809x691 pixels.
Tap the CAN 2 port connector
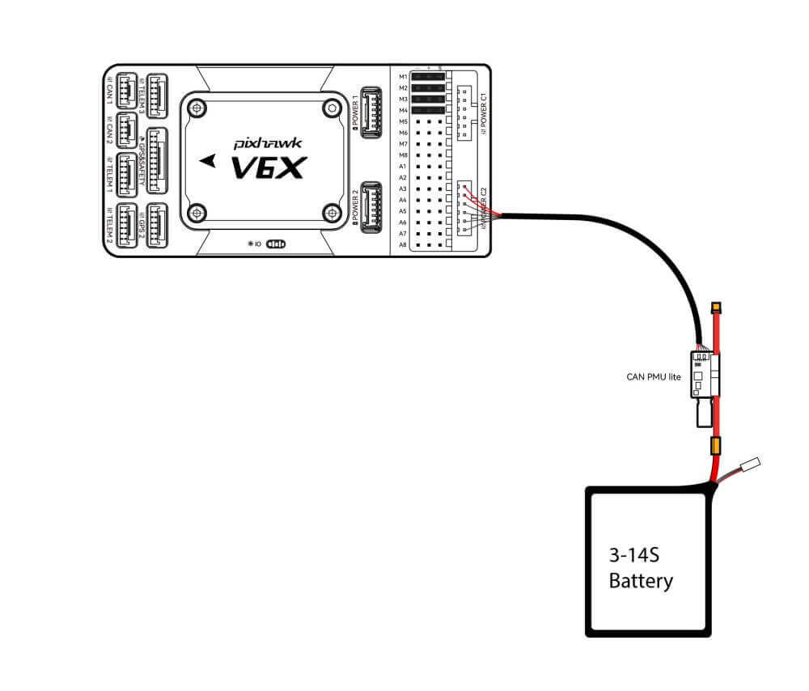point(127,129)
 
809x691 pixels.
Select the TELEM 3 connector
point(156,95)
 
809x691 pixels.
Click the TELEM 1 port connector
point(128,172)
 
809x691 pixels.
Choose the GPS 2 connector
point(157,224)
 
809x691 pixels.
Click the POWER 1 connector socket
point(372,111)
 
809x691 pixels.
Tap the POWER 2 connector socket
point(372,205)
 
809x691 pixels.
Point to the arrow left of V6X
point(210,160)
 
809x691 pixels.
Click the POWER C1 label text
point(484,113)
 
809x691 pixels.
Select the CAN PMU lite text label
point(654,376)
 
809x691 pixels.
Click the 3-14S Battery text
point(641,569)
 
